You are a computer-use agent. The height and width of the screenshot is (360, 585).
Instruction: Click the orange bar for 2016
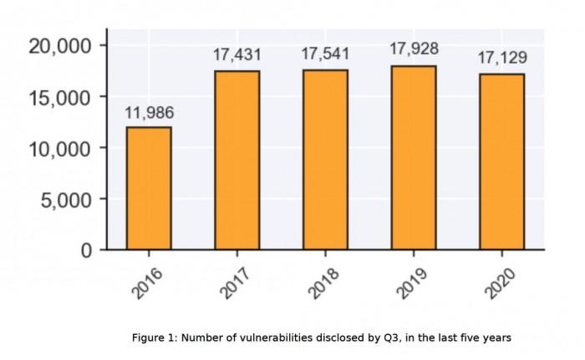pos(149,188)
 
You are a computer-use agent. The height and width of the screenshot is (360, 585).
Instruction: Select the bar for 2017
pos(237,160)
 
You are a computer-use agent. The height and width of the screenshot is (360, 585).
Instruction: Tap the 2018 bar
pos(325,160)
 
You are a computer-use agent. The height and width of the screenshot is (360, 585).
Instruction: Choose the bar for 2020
pos(501,161)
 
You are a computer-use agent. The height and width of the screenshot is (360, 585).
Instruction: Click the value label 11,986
pos(149,113)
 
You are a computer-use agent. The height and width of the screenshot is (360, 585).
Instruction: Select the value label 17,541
pos(325,54)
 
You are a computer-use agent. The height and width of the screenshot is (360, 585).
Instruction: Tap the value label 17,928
pos(414,49)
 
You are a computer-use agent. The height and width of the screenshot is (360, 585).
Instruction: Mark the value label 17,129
pos(501,58)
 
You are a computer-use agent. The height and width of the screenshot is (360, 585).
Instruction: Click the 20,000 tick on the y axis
pos(59,45)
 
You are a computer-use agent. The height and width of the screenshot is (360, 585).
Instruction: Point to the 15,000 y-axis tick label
pos(59,97)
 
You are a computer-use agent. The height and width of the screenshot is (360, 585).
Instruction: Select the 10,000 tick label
pos(59,148)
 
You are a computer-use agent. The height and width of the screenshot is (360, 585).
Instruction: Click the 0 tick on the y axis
pos(87,250)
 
